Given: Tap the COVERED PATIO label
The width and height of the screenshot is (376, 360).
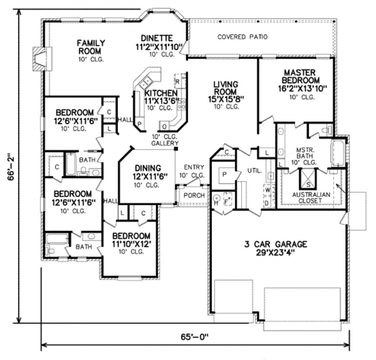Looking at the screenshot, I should (242, 37).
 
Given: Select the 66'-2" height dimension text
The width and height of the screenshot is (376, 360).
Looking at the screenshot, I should (11, 166).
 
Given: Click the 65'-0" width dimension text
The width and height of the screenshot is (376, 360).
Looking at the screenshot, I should (195, 336).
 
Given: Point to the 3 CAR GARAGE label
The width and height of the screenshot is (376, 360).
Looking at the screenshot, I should (276, 244).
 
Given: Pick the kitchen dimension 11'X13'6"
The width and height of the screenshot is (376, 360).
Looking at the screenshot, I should (161, 101).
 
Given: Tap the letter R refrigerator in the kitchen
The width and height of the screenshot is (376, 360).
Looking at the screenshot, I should (177, 81).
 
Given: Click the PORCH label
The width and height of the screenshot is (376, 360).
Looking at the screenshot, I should (194, 195).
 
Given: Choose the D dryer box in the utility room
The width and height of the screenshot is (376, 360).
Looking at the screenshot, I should (267, 202).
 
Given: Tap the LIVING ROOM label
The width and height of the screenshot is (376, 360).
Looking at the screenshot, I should (226, 88).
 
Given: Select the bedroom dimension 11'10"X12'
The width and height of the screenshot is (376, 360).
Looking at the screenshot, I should (131, 244).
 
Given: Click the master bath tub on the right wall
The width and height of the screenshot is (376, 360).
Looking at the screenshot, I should (338, 154).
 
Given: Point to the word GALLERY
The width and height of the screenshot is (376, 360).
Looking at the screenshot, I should (165, 143).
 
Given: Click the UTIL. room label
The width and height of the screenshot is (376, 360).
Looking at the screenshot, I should (254, 171).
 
